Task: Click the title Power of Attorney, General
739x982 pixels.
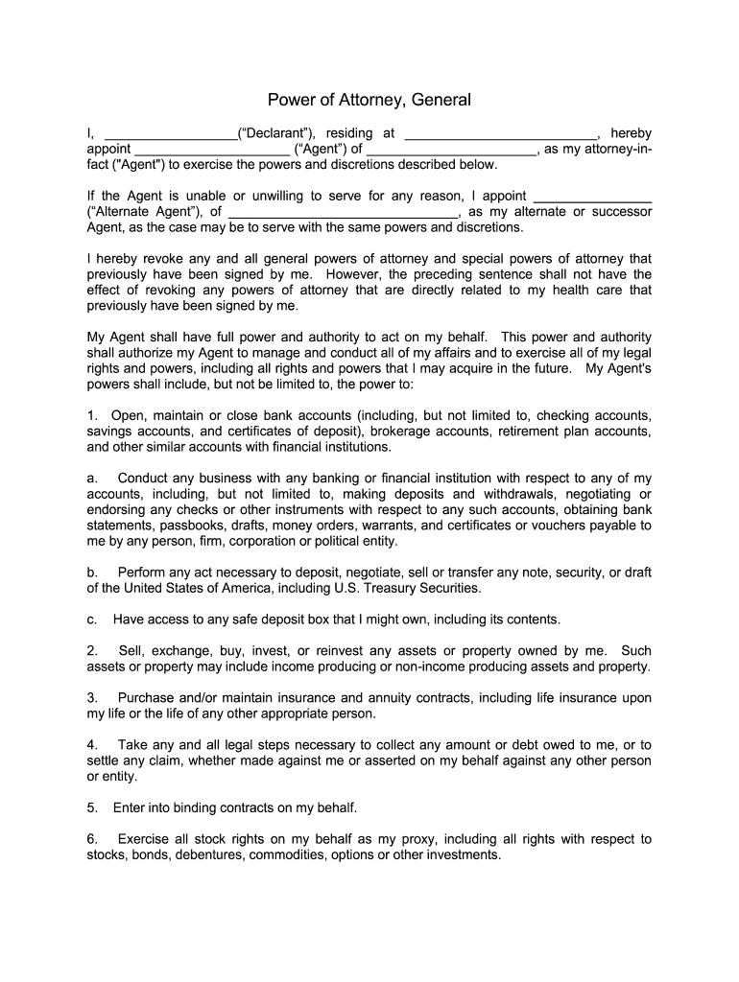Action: [369, 100]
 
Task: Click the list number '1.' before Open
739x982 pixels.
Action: [92, 415]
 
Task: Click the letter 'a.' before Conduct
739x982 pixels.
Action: [92, 478]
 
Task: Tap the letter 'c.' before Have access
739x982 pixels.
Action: [92, 619]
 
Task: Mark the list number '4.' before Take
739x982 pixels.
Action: [92, 744]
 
